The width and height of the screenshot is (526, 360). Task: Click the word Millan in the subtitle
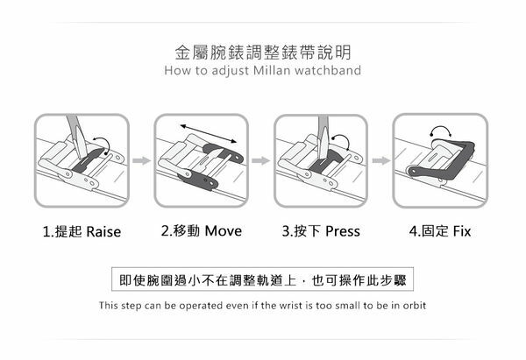[x=273, y=70]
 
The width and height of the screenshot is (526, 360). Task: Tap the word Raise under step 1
[x=103, y=231]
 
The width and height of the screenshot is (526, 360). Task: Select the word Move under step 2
[x=223, y=231]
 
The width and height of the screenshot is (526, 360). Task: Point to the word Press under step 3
[x=343, y=231]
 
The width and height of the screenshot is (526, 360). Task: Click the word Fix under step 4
[x=462, y=231]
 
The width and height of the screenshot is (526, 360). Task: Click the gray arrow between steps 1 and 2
[x=141, y=160]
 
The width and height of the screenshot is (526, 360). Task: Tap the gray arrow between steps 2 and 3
[x=260, y=160]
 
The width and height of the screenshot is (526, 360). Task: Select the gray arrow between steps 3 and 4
[x=381, y=160]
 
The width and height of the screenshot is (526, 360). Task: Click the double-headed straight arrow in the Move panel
[x=209, y=134]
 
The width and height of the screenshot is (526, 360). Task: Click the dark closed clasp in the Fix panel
[x=443, y=162]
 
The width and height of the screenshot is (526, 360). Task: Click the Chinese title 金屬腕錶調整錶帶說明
[x=263, y=53]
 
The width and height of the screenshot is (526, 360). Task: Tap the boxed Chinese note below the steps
[x=263, y=279]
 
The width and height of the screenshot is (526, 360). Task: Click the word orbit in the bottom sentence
[x=415, y=306]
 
